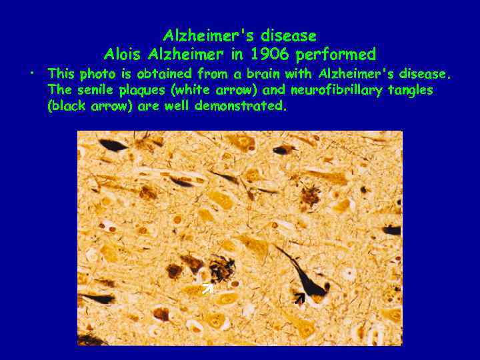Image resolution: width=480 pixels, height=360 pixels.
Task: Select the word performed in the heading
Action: tap(343, 54)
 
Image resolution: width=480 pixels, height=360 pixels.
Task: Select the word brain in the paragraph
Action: tap(263, 73)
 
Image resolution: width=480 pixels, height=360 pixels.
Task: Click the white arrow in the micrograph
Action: tap(207, 289)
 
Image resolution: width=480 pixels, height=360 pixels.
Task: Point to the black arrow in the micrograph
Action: tap(299, 298)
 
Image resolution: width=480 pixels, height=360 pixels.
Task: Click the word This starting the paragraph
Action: tap(61, 73)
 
